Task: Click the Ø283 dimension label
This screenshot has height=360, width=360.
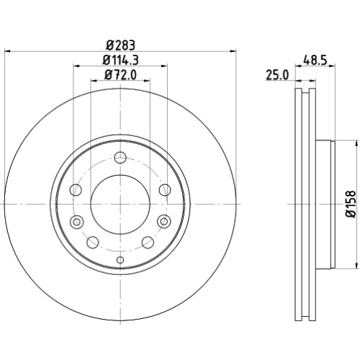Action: (121, 45)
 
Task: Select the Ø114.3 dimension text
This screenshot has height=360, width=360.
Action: (121, 60)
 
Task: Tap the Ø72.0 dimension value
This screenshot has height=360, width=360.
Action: (120, 75)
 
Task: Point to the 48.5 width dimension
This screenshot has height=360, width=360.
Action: (315, 60)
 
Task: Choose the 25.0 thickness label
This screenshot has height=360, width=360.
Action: (277, 75)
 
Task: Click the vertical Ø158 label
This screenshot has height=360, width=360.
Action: (352, 204)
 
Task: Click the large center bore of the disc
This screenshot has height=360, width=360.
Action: (120, 204)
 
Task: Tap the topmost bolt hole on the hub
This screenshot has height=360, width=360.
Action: (120, 158)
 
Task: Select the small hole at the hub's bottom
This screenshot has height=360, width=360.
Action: (120, 260)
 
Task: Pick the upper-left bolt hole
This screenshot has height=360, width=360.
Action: (76, 190)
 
